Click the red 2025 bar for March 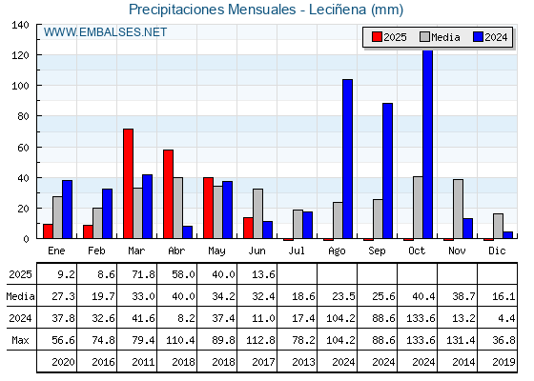pos(129,184)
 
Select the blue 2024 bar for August pos(348,159)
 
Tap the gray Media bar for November pos(458,209)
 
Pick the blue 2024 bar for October pos(428,145)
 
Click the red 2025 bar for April pos(168,194)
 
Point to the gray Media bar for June pos(257,213)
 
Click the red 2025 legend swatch pos(377,37)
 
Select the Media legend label pos(445,37)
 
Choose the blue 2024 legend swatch pos(478,37)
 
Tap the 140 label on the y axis pos(20,25)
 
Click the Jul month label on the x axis pos(297,251)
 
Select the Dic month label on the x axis pos(497,251)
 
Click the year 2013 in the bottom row pos(303,362)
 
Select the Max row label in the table pos(20,340)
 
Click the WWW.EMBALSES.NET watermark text pos(105,32)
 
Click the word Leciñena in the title pos(338,10)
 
